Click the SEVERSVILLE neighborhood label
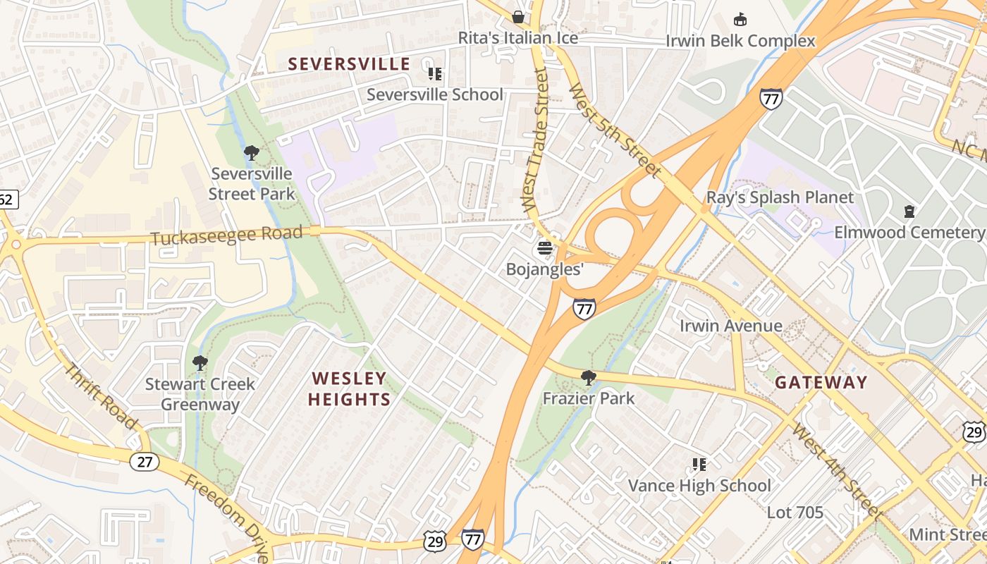pyautogui.click(x=349, y=64)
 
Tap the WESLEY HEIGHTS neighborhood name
pyautogui.click(x=349, y=389)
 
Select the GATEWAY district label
pyautogui.click(x=821, y=383)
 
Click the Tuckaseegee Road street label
pyautogui.click(x=226, y=235)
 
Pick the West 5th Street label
pyautogui.click(x=615, y=130)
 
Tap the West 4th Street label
pyautogui.click(x=836, y=470)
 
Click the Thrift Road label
pyautogui.click(x=102, y=396)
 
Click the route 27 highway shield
pyautogui.click(x=144, y=461)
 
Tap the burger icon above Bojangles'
pyautogui.click(x=544, y=248)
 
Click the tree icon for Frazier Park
pyautogui.click(x=588, y=378)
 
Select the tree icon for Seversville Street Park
pyautogui.click(x=251, y=152)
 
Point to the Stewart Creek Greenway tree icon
pyautogui.click(x=200, y=363)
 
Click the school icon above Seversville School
pyautogui.click(x=435, y=73)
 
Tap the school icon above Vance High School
pyautogui.click(x=699, y=464)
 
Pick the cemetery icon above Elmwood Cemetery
pyautogui.click(x=909, y=211)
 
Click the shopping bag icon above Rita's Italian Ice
pyautogui.click(x=518, y=17)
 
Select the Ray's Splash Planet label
pyautogui.click(x=780, y=197)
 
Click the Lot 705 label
pyautogui.click(x=795, y=513)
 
